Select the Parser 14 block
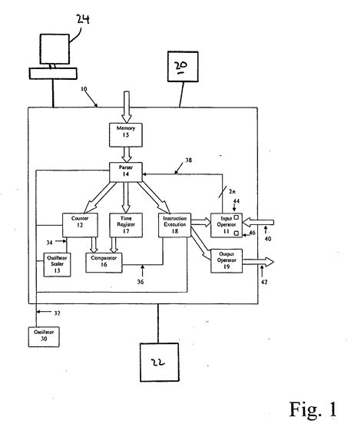124,170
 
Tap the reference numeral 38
190,162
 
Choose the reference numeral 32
56,313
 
